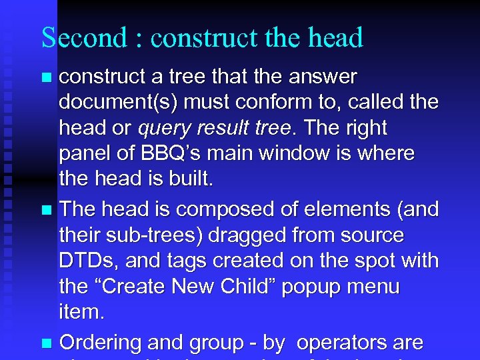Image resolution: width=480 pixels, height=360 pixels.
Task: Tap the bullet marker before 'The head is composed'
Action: pos(46,211)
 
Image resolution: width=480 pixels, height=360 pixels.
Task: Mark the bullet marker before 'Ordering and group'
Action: pos(46,344)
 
